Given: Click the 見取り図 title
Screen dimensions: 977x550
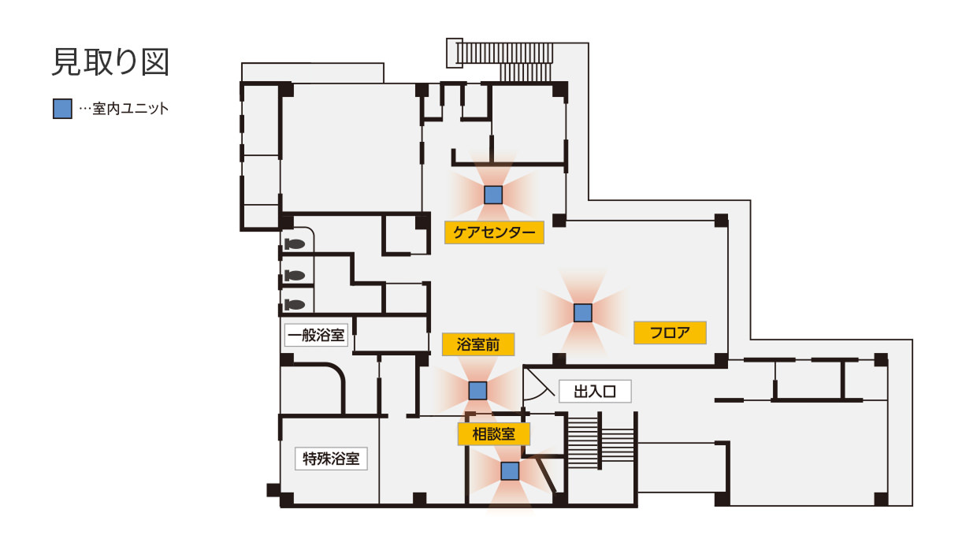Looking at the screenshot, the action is click(111, 62).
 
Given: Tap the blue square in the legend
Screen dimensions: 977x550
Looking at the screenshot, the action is click(62, 109).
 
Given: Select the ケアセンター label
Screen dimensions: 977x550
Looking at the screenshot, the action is click(494, 232).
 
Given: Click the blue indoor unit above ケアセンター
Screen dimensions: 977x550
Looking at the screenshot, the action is click(493, 195).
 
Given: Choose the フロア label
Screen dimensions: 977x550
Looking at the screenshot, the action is click(670, 333).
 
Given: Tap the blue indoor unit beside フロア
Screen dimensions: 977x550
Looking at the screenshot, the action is click(583, 313).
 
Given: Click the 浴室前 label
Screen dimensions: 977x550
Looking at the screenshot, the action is click(478, 344).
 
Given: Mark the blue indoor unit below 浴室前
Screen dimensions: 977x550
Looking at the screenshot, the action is click(477, 390).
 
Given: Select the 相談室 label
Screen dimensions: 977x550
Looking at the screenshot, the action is click(494, 434).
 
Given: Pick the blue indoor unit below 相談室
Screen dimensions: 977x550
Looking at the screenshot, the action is click(510, 471).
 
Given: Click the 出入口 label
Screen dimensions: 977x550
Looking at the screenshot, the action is click(595, 392).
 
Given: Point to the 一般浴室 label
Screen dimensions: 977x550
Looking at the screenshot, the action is click(316, 335).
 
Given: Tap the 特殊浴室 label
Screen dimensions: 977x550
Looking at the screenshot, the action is click(331, 459).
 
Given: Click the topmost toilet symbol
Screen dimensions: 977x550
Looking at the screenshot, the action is click(295, 243).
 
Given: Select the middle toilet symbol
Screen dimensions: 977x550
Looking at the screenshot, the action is click(295, 275).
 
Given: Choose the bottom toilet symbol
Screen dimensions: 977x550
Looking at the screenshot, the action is click(295, 304).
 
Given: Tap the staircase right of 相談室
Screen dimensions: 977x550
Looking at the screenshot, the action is click(601, 441).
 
